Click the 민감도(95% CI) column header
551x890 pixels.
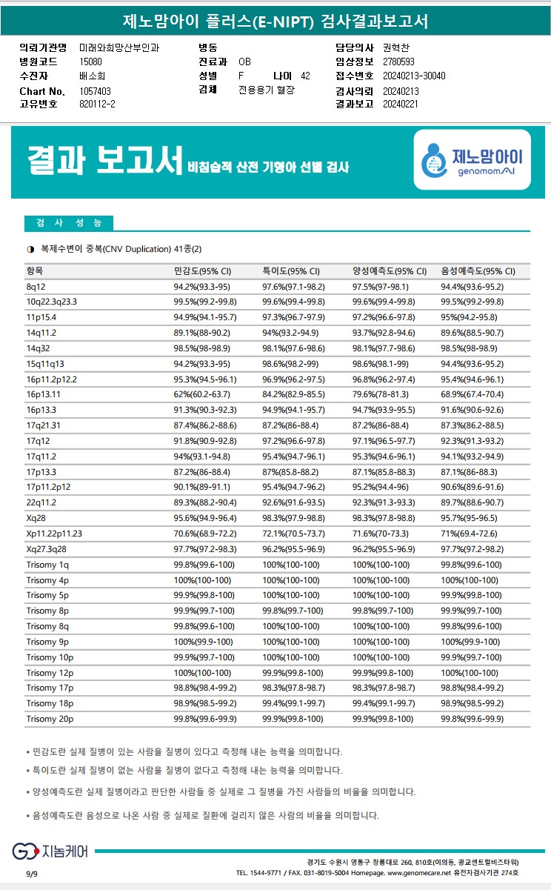(x=202, y=270)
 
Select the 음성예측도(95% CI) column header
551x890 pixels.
(x=478, y=270)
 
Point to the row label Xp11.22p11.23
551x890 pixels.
(x=54, y=533)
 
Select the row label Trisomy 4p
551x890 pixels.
(x=47, y=580)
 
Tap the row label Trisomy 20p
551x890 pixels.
(x=50, y=719)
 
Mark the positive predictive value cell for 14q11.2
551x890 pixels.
(x=382, y=332)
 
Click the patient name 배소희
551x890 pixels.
(x=92, y=76)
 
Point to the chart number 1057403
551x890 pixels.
(x=95, y=90)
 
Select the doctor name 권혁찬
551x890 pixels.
(x=396, y=47)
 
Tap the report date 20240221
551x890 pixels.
(x=401, y=104)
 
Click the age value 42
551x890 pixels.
(x=305, y=76)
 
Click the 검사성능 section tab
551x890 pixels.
(x=69, y=223)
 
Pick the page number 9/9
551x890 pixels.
(x=32, y=874)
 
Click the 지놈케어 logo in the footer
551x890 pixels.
(x=50, y=851)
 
